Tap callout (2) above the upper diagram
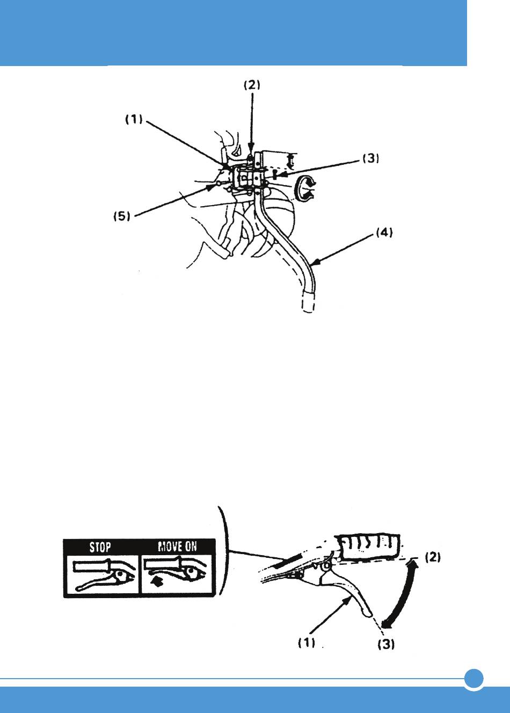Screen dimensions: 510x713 tap(252, 85)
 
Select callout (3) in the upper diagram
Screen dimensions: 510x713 tap(371, 158)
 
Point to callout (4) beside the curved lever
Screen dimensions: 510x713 tap(384, 233)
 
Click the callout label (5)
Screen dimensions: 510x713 tap(122, 216)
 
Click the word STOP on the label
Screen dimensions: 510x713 tap(100, 547)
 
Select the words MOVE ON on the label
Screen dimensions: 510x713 tap(177, 547)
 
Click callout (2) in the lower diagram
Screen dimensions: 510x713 tap(433, 557)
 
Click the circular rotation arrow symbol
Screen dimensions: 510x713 tap(305, 188)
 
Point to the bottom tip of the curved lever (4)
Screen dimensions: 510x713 tap(307, 311)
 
